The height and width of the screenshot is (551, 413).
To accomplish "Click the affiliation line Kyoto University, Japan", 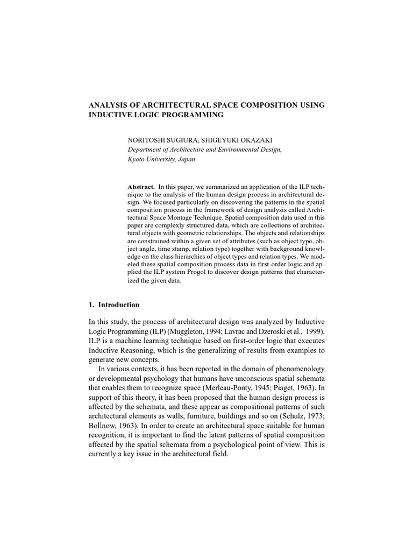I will point(161,159).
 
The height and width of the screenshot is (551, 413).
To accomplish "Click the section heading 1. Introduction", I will point(113,305).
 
